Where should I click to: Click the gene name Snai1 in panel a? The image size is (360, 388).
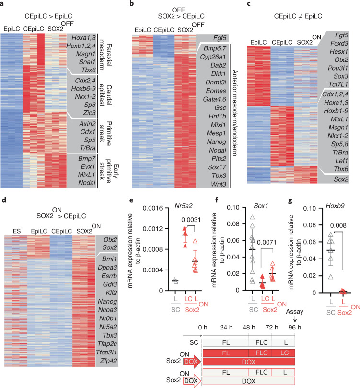click(x=87, y=62)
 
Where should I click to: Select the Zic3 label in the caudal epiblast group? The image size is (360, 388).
click(x=89, y=113)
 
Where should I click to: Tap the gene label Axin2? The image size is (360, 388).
click(x=87, y=124)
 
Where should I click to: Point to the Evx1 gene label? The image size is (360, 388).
click(x=88, y=166)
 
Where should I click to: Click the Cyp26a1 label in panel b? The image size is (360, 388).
click(x=213, y=57)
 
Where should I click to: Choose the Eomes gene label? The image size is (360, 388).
click(x=216, y=91)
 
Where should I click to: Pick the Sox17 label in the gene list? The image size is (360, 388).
click(x=217, y=167)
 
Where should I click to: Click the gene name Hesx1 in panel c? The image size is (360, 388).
click(x=339, y=51)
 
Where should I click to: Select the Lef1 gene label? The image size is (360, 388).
click(x=341, y=161)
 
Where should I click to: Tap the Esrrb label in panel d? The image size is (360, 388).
click(x=109, y=276)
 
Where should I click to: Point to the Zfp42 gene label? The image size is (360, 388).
click(x=108, y=361)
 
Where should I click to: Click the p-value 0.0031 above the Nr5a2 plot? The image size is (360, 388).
click(x=191, y=220)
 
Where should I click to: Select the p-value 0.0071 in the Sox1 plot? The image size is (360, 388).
click(x=267, y=242)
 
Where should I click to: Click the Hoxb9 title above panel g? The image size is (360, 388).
click(x=335, y=206)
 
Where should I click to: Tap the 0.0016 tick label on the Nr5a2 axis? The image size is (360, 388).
click(x=152, y=208)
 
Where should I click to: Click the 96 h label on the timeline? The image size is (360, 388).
click(x=294, y=328)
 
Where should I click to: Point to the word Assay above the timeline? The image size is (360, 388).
click(x=294, y=312)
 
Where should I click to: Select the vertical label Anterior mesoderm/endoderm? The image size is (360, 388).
click(x=235, y=113)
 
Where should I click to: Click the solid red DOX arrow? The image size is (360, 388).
click(x=192, y=362)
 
